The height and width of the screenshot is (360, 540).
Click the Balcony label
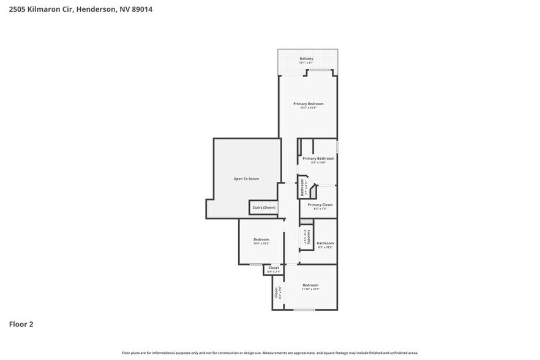pos(306,58)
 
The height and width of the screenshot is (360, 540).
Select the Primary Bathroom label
pos(318,159)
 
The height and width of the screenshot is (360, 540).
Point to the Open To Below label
pos(246,179)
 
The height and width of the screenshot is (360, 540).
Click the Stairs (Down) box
pos(263,208)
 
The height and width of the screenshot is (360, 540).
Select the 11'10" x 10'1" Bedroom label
pos(310,285)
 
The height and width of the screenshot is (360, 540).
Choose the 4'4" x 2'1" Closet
pos(274,269)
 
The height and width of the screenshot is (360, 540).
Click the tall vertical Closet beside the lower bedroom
pos(277,292)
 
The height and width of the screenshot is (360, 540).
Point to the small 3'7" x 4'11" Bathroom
pos(302,187)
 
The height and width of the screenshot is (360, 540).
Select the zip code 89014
pos(141,9)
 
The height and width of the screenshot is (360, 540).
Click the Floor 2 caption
pos(21,324)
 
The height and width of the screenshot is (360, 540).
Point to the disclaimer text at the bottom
pos(269,353)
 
